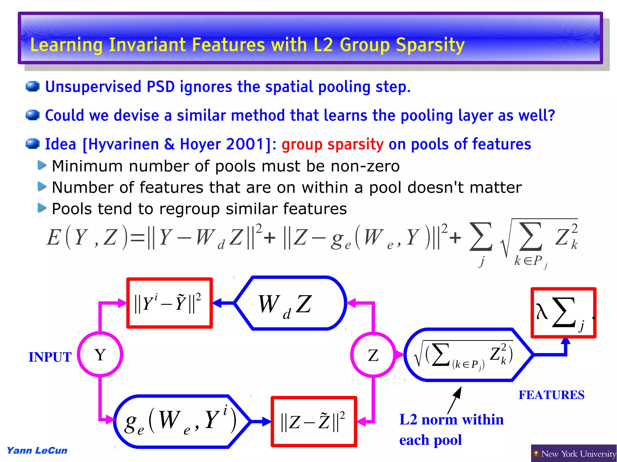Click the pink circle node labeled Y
tap(100, 354)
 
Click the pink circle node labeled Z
tap(373, 355)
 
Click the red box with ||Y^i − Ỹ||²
tap(170, 303)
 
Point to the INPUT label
tap(50, 357)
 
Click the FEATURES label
tap(551, 395)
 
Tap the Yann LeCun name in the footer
tap(37, 451)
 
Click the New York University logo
tap(574, 453)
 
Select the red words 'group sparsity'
tap(333, 144)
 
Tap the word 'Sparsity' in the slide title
tap(430, 45)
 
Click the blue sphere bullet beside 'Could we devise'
tap(33, 115)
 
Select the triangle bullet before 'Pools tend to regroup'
tap(42, 208)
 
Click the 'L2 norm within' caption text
tap(451, 420)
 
